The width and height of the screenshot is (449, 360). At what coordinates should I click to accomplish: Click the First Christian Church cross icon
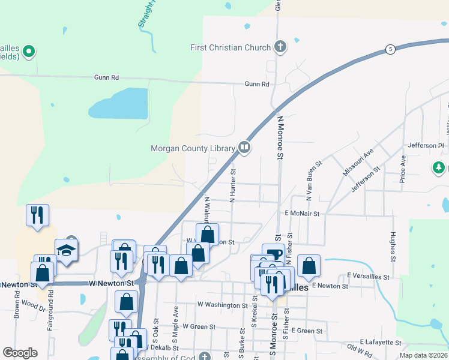[x=280, y=47]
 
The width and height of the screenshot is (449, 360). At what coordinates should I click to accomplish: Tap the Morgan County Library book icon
[x=244, y=147]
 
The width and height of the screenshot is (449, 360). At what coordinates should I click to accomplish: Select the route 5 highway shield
[x=390, y=49]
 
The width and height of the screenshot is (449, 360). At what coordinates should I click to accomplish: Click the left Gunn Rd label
[x=106, y=77]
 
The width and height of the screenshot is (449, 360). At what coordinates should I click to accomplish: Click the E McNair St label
[x=302, y=213]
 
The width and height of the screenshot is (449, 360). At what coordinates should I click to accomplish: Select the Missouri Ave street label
[x=358, y=163]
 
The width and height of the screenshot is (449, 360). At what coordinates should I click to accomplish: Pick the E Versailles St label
[x=368, y=276]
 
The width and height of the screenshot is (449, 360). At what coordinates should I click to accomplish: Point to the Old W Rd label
[x=360, y=349]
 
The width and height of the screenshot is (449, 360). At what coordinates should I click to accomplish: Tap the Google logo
[x=19, y=353]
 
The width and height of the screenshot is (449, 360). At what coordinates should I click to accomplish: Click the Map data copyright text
[x=423, y=355]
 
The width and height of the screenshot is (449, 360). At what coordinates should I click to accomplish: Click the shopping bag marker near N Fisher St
[x=309, y=265]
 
